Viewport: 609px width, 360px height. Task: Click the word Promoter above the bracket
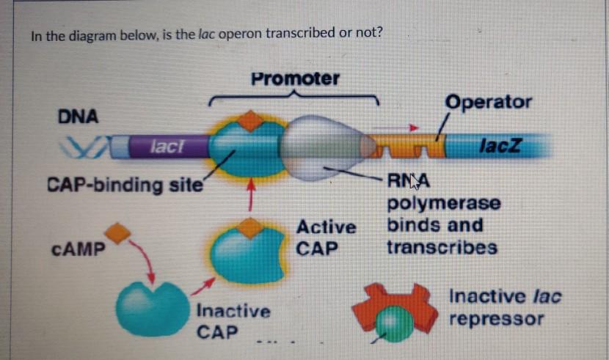tap(295, 78)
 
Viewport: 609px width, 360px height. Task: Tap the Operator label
tap(488, 102)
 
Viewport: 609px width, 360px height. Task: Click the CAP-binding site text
tap(125, 184)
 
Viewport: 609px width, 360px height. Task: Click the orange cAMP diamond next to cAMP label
tap(117, 233)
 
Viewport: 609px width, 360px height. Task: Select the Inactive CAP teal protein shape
tap(152, 308)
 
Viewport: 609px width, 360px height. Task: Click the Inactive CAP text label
tap(233, 321)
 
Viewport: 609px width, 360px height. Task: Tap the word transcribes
tap(442, 247)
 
